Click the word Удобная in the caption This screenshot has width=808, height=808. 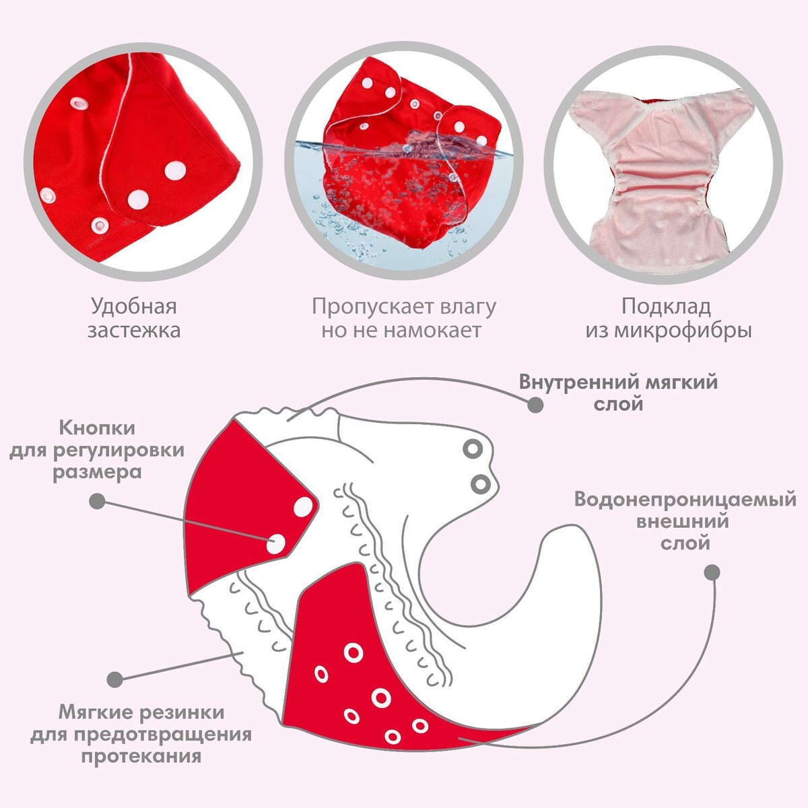point(134,307)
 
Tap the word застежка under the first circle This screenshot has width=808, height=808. point(134,331)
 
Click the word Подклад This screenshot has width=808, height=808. point(666,307)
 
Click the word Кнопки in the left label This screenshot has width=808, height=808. point(97,428)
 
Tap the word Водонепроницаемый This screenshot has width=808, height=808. point(685,500)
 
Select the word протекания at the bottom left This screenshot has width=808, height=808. point(141,755)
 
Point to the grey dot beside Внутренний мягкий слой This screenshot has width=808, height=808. point(535,405)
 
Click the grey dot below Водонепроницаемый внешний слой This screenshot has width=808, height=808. point(712,572)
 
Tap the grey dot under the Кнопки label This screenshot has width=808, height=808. point(98,501)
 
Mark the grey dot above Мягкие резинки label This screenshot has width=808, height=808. point(116,679)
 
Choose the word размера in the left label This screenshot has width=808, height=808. point(98,471)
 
